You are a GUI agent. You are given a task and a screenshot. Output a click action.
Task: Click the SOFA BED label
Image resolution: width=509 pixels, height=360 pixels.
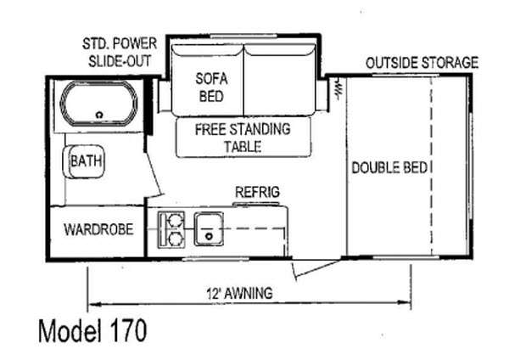pos(211,87)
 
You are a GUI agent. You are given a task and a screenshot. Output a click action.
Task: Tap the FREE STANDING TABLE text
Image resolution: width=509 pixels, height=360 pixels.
pos(243,138)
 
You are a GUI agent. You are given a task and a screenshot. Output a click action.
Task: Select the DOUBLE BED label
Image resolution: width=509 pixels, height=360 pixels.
pos(389,167)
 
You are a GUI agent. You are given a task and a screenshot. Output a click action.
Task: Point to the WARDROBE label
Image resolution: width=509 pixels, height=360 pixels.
pos(98,229)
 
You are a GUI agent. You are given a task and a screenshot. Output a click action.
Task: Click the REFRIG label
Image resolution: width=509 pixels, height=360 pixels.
pos(257,192)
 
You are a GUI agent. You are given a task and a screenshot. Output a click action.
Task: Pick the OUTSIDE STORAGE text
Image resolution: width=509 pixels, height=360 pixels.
pos(422,62)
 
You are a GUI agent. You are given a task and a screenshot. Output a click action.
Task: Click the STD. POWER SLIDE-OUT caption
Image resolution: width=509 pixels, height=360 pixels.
pos(120,53)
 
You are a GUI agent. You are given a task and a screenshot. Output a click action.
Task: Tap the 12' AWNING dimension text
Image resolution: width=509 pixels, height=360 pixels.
pos(239,294)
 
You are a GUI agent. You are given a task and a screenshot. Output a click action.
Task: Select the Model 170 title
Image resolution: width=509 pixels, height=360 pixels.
pos(92,331)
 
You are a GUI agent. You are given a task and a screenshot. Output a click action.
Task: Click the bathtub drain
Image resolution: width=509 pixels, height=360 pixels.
pos(99,115)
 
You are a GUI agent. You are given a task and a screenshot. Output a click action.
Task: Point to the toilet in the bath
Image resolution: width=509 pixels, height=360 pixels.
pos(83,161)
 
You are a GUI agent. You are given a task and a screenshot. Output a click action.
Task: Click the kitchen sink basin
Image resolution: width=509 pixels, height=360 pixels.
pos(209,228)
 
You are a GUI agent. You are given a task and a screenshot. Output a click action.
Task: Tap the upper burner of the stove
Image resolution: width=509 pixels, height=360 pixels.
pos(176,221)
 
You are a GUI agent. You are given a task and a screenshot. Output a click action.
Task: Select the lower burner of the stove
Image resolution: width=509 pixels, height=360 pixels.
pos(176,239)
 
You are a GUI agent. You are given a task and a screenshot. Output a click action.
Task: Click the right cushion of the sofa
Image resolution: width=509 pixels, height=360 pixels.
pos(279,80)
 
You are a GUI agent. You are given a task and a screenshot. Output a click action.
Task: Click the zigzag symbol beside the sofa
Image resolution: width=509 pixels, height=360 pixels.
pos(337,88)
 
